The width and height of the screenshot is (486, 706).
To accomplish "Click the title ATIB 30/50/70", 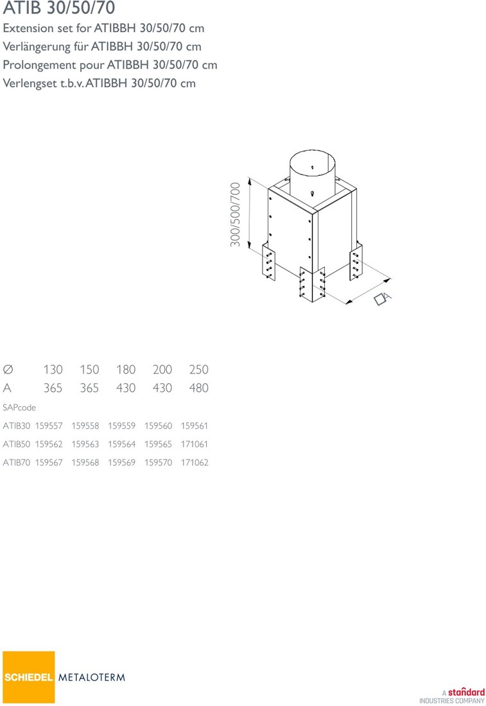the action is tap(59, 8).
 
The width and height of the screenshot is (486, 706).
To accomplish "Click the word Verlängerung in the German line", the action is tap(37, 47).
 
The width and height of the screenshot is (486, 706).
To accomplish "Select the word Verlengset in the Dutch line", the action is tap(30, 83).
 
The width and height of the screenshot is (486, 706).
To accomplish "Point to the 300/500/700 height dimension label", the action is tap(235, 214).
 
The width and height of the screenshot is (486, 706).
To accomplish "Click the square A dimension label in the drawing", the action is tap(383, 298).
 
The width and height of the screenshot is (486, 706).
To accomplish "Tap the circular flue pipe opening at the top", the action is tap(312, 160).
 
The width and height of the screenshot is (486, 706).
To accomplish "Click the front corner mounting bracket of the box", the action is tap(312, 284).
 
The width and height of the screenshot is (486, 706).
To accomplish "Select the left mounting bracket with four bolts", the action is tap(268, 262).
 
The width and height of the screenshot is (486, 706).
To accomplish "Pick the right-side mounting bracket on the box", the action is tap(356, 263).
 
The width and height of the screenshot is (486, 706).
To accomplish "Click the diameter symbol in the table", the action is tap(8, 370).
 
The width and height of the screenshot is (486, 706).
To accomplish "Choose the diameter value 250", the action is tap(198, 370).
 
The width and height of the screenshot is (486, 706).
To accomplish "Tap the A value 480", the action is tap(198, 388).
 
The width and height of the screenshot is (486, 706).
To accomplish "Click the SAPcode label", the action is tap(19, 408).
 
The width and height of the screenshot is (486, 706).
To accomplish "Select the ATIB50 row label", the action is tap(17, 444).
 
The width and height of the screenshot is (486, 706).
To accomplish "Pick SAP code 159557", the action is tap(49, 426).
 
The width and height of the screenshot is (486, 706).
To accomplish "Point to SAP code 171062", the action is tap(195, 463).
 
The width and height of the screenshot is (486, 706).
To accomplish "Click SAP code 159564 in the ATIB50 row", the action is tap(121, 444).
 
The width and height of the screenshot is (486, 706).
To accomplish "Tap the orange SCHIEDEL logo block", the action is tap(29, 676).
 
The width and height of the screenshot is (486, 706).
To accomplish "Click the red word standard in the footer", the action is tap(466, 692).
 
